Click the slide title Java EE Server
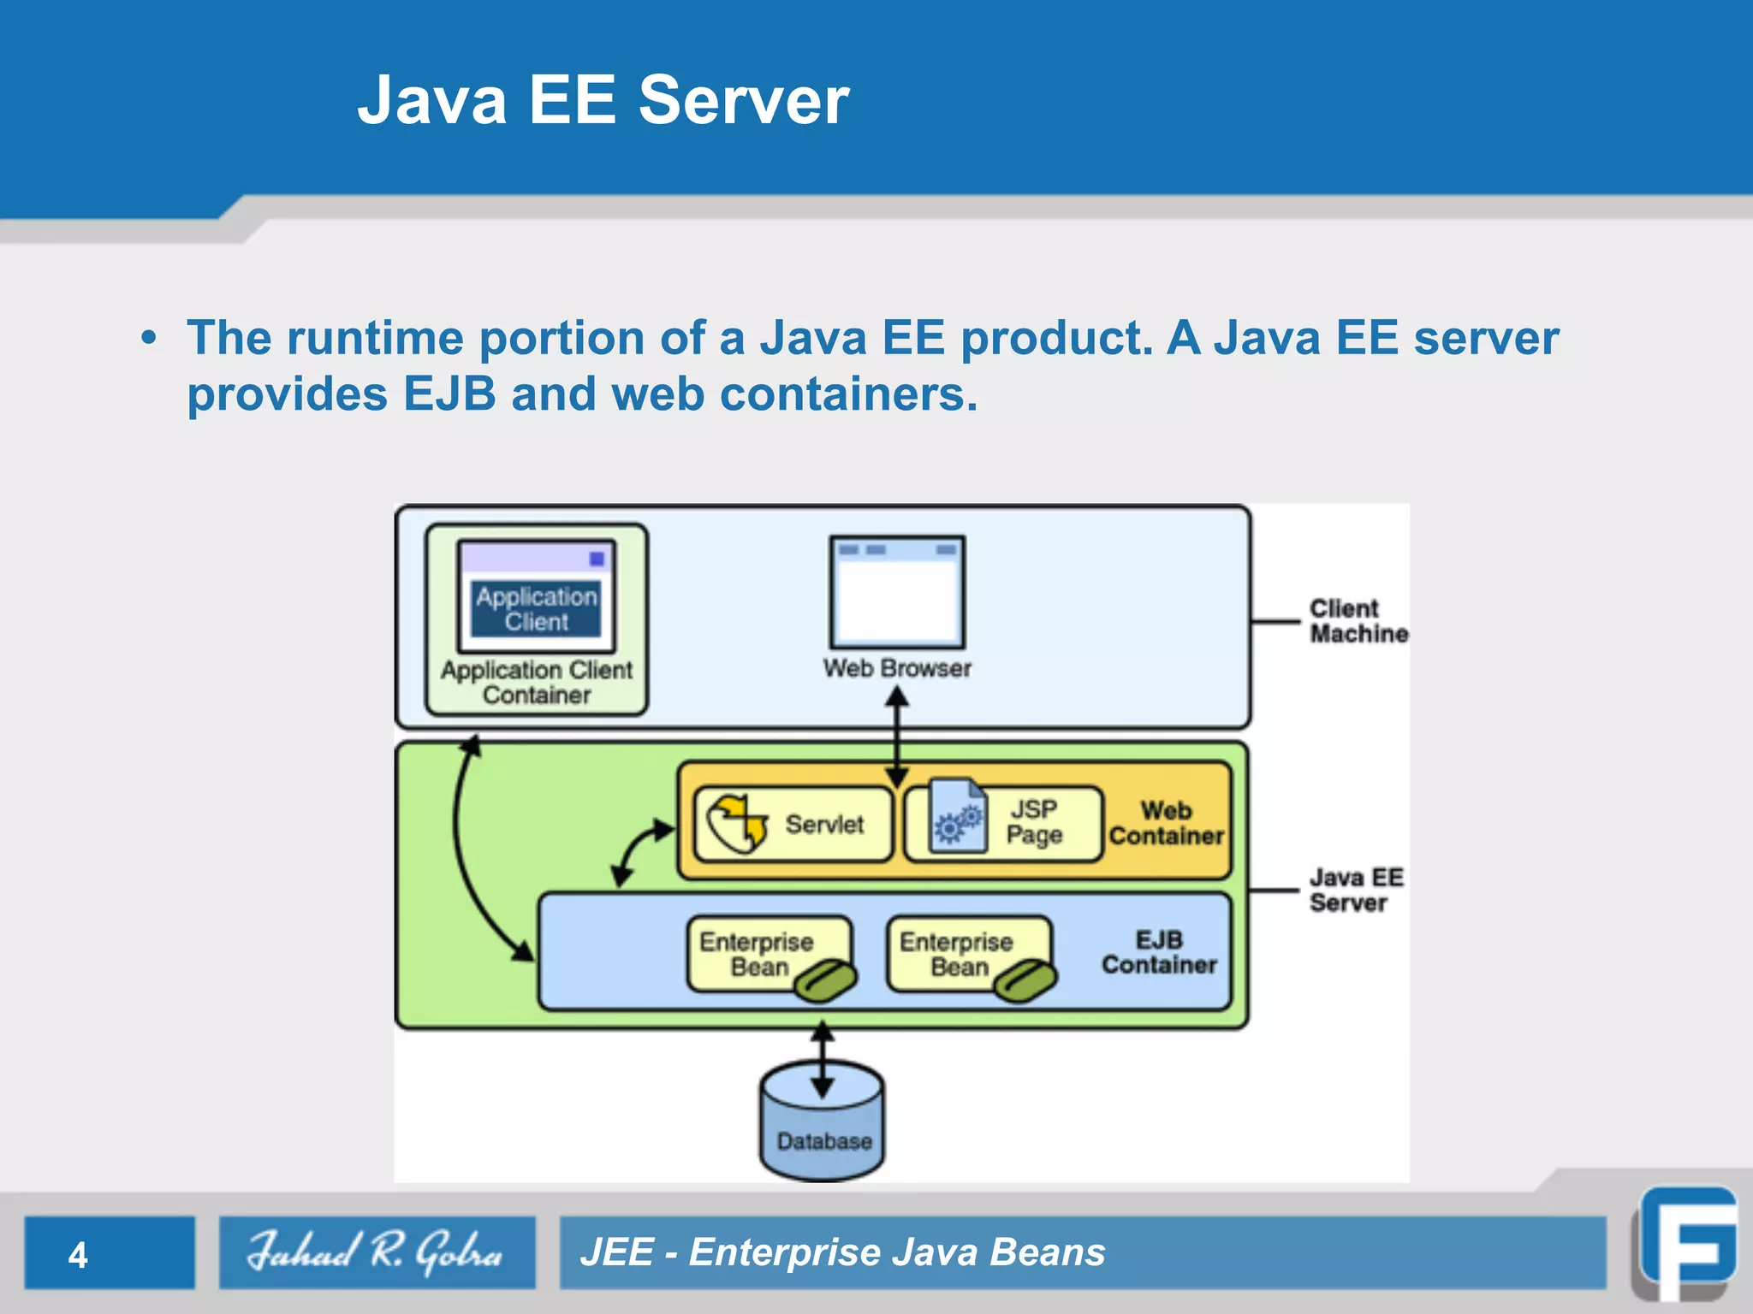point(603,100)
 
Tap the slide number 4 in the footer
point(78,1255)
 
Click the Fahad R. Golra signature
point(376,1252)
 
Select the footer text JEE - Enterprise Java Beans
point(842,1252)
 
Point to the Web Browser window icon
point(897,592)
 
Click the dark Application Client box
point(537,609)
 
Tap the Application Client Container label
point(537,682)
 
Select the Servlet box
point(793,824)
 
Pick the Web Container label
point(1166,823)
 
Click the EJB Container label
point(1159,952)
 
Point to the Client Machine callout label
point(1358,621)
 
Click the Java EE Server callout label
point(1356,890)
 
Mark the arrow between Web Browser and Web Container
point(897,738)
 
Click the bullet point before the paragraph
point(149,338)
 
